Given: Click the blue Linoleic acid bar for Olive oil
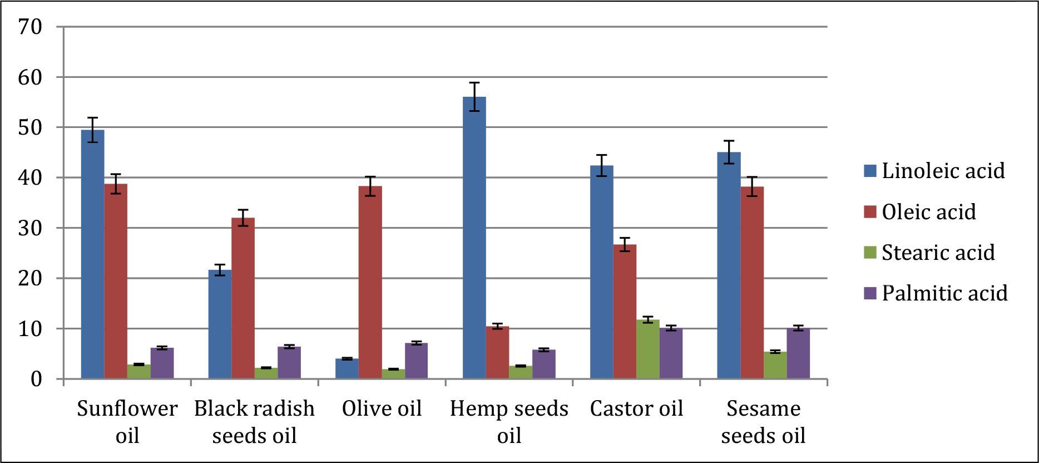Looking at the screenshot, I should [347, 368].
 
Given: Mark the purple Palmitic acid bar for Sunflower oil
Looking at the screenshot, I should [162, 363].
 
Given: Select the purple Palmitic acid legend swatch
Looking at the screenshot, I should [870, 293].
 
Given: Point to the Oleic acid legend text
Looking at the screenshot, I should [929, 212].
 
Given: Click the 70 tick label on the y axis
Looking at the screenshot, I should [30, 27].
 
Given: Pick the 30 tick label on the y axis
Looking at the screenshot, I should [30, 228].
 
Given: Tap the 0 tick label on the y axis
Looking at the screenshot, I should [36, 380].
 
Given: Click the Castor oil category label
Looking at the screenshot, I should [636, 409].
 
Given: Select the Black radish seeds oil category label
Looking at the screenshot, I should [254, 422].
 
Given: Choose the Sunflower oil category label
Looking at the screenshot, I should [127, 422].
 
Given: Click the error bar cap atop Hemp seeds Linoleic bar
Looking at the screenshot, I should [474, 83].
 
